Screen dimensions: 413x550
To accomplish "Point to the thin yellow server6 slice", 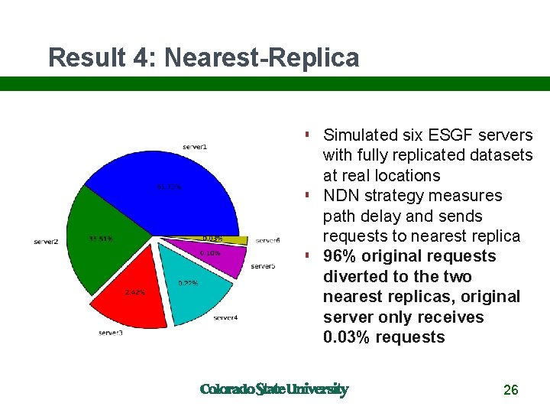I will point(233,239).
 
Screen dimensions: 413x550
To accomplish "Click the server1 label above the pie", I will point(195,146).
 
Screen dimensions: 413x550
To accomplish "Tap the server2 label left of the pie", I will point(47,242).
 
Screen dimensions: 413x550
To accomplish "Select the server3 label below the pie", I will point(111,333).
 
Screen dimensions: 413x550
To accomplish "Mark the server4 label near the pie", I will point(225,317).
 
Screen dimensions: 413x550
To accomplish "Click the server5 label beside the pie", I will point(263,266).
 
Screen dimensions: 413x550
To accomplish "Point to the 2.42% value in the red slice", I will point(135,291).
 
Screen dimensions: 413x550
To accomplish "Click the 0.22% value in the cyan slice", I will point(188,283).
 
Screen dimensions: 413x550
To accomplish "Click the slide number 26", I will point(511,390).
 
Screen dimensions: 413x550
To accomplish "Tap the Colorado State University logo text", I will point(273,389).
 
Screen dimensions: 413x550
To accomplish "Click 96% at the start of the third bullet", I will point(341,256).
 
